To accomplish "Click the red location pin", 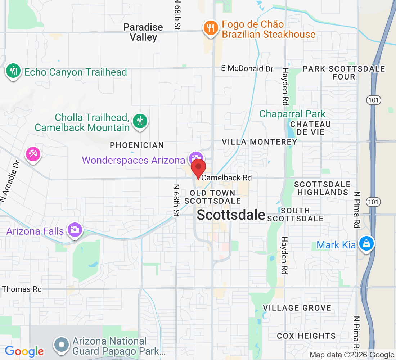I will [198, 168].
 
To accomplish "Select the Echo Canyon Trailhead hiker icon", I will [13, 71].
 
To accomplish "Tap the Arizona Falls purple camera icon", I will [75, 230].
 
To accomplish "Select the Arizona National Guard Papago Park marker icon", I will [62, 345].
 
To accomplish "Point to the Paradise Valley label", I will [143, 32].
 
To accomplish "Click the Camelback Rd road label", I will [226, 178].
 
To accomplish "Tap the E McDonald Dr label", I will [247, 68].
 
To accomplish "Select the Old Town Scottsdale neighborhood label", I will [212, 197].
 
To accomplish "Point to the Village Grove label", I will [297, 308].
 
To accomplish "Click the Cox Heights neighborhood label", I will [306, 336].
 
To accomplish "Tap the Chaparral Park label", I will [292, 114].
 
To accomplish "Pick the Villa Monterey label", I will [259, 142].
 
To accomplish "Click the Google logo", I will [24, 351].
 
